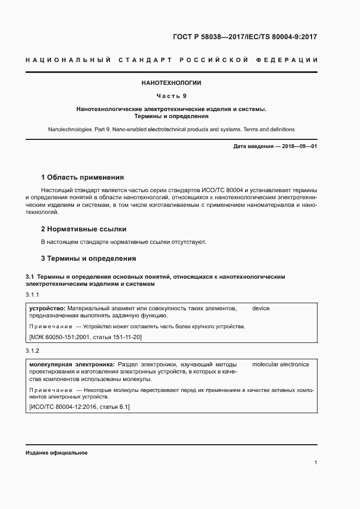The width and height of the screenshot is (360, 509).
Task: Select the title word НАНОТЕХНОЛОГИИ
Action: tap(171, 83)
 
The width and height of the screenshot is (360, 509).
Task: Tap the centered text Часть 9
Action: tap(171, 96)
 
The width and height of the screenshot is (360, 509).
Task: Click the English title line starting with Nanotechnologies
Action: tap(171, 130)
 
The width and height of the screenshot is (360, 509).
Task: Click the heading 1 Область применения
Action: tap(82, 177)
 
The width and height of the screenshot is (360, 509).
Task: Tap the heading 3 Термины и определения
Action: tap(88, 258)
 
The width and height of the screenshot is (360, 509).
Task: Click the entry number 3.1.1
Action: tap(33, 295)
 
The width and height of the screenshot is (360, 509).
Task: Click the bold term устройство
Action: tap(47, 309)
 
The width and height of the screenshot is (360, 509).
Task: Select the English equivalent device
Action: tap(261, 309)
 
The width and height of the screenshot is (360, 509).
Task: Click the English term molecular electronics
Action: tap(280, 364)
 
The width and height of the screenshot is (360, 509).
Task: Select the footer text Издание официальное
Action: tap(57, 453)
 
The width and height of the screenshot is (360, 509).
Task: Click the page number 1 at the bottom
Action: tap(316, 463)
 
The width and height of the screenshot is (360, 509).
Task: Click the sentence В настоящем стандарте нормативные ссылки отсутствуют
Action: tap(124, 242)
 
